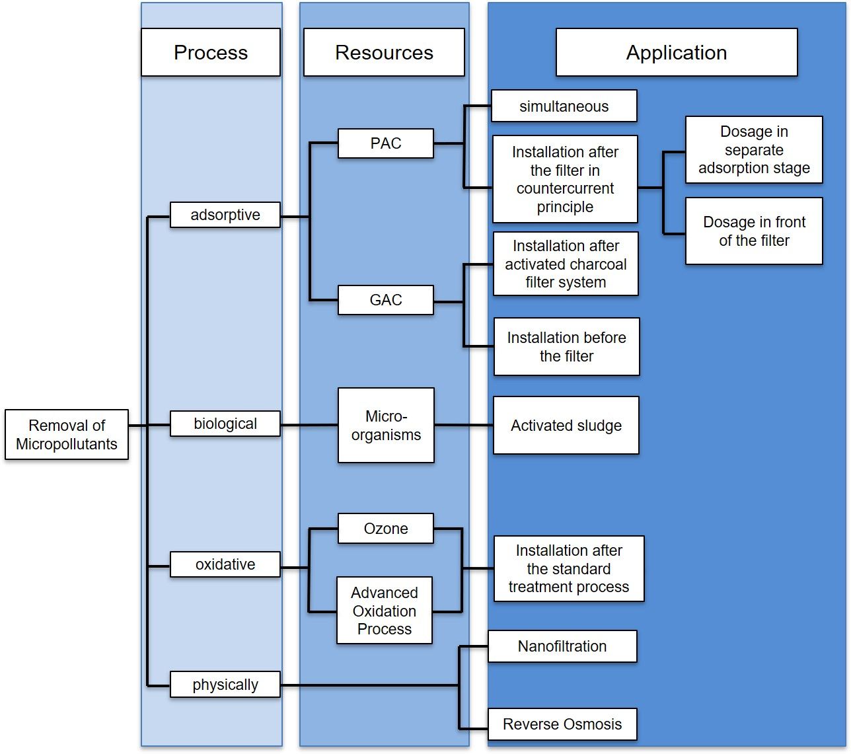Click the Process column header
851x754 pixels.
(x=210, y=52)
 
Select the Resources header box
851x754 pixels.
(x=384, y=52)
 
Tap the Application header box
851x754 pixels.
(x=676, y=52)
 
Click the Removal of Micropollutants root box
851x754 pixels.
(x=67, y=434)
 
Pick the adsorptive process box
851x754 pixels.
(x=225, y=215)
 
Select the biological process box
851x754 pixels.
(x=225, y=424)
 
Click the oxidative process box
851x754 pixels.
(x=225, y=564)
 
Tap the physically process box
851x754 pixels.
(x=225, y=685)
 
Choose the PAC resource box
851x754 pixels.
(x=386, y=143)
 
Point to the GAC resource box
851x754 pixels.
(x=386, y=300)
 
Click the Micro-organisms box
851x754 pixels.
(x=386, y=425)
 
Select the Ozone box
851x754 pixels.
(x=386, y=529)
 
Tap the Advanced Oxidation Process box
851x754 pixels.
(x=384, y=611)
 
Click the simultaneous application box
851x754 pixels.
(x=564, y=106)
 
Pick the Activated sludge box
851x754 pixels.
(x=566, y=426)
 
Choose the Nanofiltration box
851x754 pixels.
(x=562, y=646)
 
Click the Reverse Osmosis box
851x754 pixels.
(x=562, y=724)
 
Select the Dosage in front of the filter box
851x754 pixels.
(x=754, y=231)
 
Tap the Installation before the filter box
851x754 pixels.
(x=566, y=347)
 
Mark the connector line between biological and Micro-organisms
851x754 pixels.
(x=309, y=425)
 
